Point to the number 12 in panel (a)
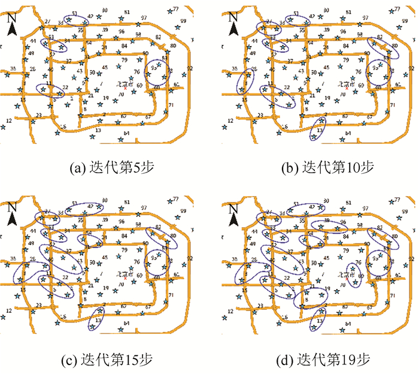(x=8, y=121)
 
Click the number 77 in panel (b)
(x=397, y=8)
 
